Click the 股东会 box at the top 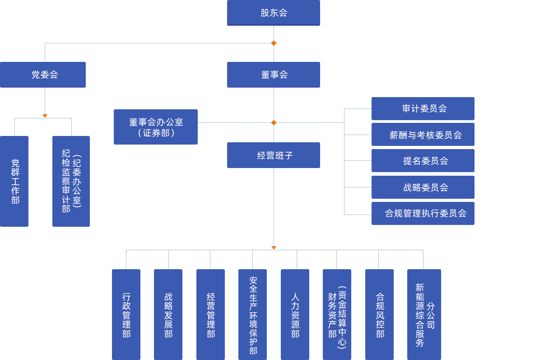click(x=274, y=13)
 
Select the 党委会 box click(x=44, y=75)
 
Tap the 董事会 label click(x=274, y=75)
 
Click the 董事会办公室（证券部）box click(x=156, y=127)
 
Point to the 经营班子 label click(x=274, y=155)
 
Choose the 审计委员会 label click(x=424, y=108)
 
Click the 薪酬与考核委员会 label click(x=425, y=135)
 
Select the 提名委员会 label click(x=425, y=161)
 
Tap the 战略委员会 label click(x=425, y=187)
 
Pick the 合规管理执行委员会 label click(x=425, y=213)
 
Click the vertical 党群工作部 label click(x=15, y=182)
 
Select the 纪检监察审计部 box click(x=71, y=181)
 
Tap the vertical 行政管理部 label click(x=126, y=315)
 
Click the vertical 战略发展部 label click(x=168, y=315)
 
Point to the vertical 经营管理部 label click(x=211, y=315)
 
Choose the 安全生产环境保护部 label click(x=253, y=315)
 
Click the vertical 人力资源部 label click(x=295, y=315)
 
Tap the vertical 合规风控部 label click(x=380, y=315)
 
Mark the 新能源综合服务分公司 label click(x=425, y=315)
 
